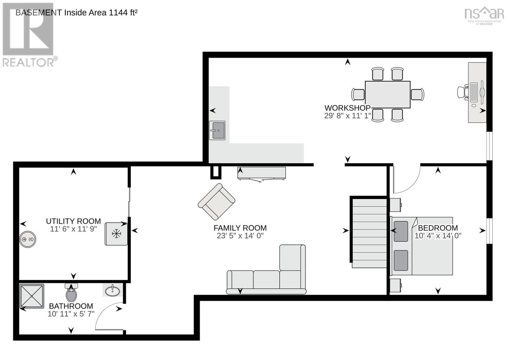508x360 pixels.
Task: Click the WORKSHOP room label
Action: (347, 108)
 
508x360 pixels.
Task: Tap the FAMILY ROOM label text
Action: (240, 228)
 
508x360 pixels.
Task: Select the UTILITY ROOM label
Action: (73, 221)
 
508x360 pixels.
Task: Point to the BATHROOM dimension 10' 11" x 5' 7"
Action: (71, 314)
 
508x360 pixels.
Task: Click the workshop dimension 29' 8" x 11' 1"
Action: (347, 116)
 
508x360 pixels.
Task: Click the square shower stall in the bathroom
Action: (32, 296)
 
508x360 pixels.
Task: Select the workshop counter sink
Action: (217, 130)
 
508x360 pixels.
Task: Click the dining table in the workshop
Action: (387, 95)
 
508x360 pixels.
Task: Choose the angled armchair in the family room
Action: (217, 202)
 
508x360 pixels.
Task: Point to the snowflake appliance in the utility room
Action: (117, 234)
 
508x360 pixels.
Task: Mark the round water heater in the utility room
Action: (28, 239)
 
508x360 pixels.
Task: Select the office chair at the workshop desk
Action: (463, 92)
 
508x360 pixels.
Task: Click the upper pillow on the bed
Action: (401, 231)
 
